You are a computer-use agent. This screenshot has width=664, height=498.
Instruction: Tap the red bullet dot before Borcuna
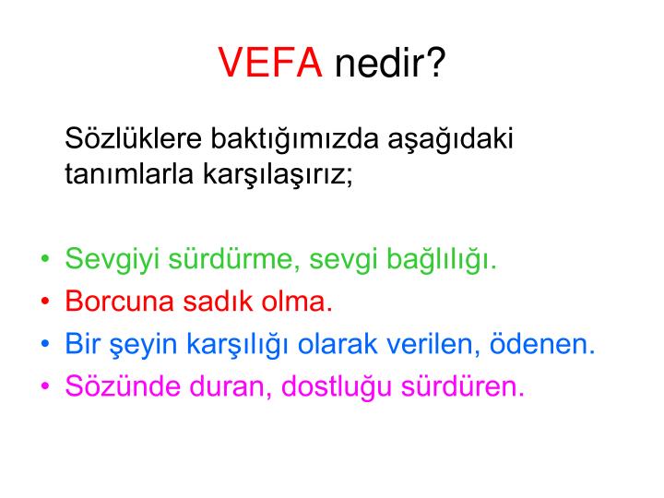coord(46,302)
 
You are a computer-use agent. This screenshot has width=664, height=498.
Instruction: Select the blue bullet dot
coord(46,344)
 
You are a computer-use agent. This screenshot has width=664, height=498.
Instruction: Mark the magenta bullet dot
coord(46,386)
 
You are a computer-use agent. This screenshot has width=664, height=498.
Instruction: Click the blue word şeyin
coord(135,345)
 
